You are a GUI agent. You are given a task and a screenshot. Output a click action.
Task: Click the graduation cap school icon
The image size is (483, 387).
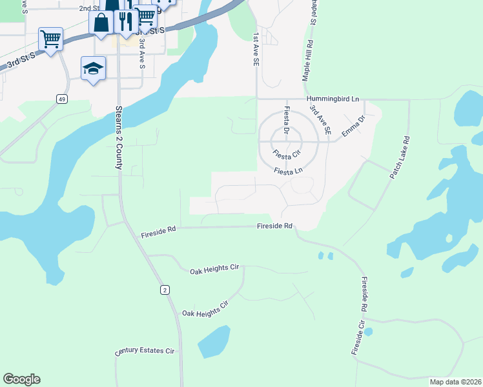tap(93, 68)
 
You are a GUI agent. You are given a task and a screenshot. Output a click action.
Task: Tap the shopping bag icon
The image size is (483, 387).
tap(103, 23)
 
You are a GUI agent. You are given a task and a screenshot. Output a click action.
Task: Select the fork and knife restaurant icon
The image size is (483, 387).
tap(124, 21)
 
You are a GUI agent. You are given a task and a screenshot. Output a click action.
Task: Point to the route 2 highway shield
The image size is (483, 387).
tap(165, 290)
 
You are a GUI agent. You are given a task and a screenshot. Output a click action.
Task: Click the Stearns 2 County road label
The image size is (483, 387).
tap(119, 138)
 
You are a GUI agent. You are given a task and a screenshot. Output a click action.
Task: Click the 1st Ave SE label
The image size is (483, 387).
tap(256, 49)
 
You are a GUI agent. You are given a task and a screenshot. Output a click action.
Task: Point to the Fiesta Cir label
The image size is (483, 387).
tap(287, 154)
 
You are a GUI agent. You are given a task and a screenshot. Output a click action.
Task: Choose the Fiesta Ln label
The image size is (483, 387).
tap(288, 171)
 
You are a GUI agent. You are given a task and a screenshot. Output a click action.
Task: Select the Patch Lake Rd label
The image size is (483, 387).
tap(399, 157)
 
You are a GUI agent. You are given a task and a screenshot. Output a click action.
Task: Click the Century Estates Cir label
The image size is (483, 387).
tap(145, 352)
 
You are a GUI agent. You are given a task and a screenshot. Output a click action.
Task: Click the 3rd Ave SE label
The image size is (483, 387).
tap(320, 120)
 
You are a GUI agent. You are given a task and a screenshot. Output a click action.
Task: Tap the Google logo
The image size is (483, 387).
tap(21, 379)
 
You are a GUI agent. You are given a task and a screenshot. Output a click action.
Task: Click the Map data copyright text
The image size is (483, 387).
tap(455, 382)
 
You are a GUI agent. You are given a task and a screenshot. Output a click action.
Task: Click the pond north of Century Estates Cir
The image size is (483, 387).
tap(214, 341)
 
